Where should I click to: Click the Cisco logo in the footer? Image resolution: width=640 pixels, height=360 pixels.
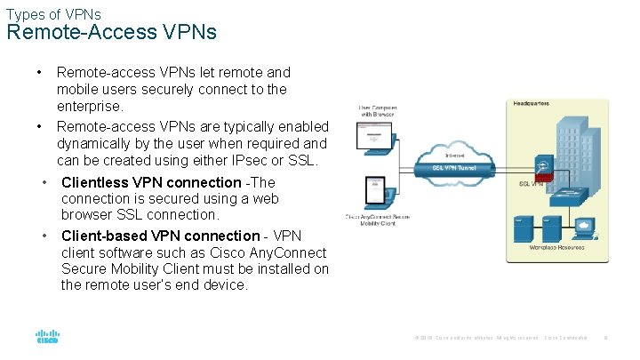[47, 337]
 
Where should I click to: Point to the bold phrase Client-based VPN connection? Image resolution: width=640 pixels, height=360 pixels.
[160, 236]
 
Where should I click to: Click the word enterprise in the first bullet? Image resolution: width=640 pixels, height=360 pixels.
[90, 107]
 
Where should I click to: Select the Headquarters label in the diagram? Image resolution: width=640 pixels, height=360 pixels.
[532, 104]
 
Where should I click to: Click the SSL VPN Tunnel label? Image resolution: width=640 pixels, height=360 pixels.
[455, 167]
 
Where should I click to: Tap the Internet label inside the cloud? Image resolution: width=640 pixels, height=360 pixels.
[454, 155]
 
